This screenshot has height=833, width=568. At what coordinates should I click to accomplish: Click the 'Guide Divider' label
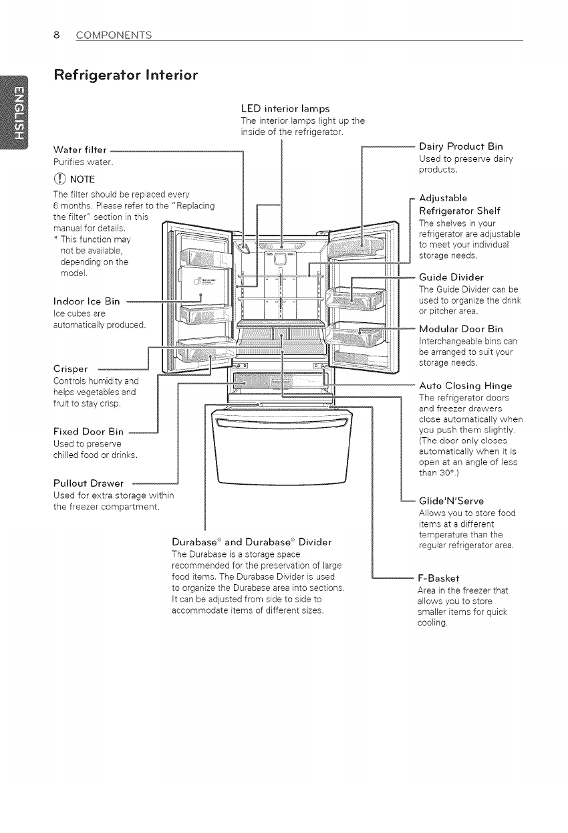point(451,277)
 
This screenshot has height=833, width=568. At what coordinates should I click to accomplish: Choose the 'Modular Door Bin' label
point(460,329)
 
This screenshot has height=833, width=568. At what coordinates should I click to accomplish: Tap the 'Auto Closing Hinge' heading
point(465,386)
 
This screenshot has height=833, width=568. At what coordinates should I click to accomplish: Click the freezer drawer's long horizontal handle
point(282,425)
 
